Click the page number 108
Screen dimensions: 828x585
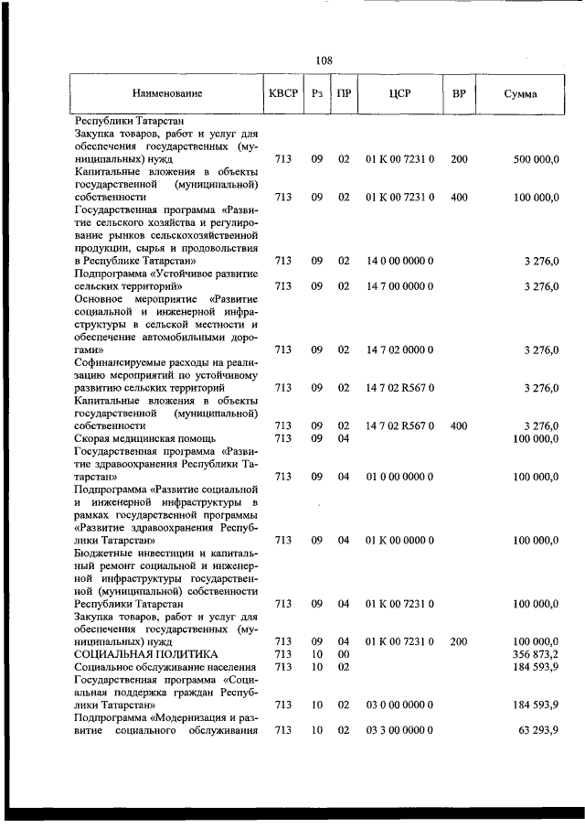tap(324, 60)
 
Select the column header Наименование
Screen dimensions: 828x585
tap(166, 94)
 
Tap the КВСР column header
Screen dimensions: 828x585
tap(283, 94)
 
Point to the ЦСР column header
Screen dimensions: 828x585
tap(399, 94)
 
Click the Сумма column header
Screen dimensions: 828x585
tap(520, 94)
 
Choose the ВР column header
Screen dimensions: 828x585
tap(459, 94)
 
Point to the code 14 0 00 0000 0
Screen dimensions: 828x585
tap(399, 261)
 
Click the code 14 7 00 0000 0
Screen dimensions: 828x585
tap(399, 285)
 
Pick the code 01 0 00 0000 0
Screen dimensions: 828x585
tap(399, 477)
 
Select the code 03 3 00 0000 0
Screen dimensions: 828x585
tap(399, 730)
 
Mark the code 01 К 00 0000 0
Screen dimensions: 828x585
tap(399, 540)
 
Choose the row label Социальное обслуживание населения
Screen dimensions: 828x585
tap(165, 667)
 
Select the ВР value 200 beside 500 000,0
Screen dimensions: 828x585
tap(459, 159)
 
